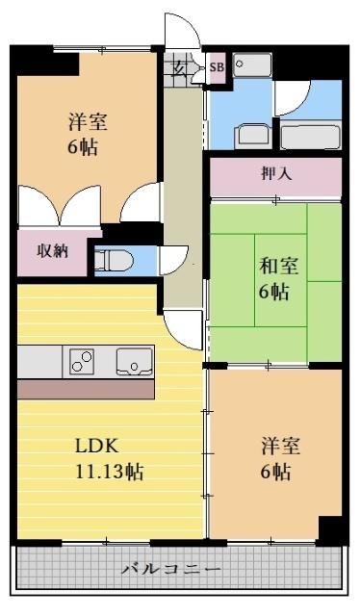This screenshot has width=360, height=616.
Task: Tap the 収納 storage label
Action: [x=52, y=252]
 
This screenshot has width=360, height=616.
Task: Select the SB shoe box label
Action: [x=217, y=66]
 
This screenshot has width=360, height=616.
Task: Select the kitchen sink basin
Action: [x=132, y=362]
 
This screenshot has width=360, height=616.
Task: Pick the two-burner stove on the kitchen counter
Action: [x=82, y=362]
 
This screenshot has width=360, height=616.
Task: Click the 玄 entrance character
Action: [x=181, y=66]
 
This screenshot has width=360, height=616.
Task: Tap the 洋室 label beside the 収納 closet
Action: [x=87, y=122]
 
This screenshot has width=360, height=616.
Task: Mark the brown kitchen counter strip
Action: [x=86, y=389]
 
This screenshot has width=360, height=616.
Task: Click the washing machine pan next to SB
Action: [x=254, y=65]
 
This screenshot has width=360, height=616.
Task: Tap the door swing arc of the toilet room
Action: [x=174, y=259]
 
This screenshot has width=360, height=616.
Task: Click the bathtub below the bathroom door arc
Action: [x=311, y=136]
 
